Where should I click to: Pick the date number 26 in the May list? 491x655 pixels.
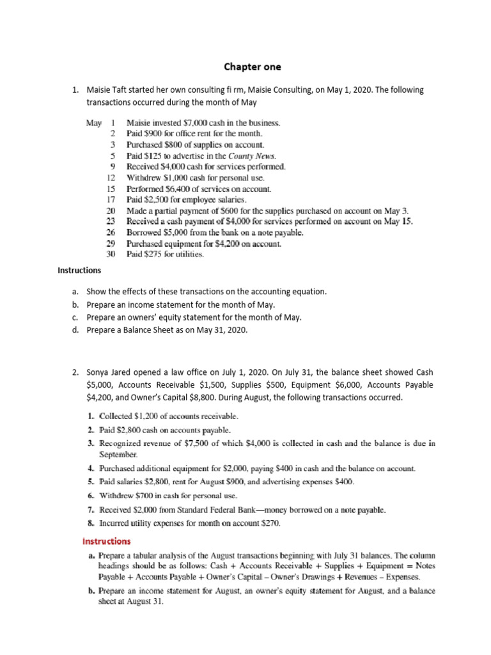tap(110, 232)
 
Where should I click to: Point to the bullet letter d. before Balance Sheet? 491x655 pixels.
tap(75, 329)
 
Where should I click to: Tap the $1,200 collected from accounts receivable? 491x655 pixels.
tap(142, 416)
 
